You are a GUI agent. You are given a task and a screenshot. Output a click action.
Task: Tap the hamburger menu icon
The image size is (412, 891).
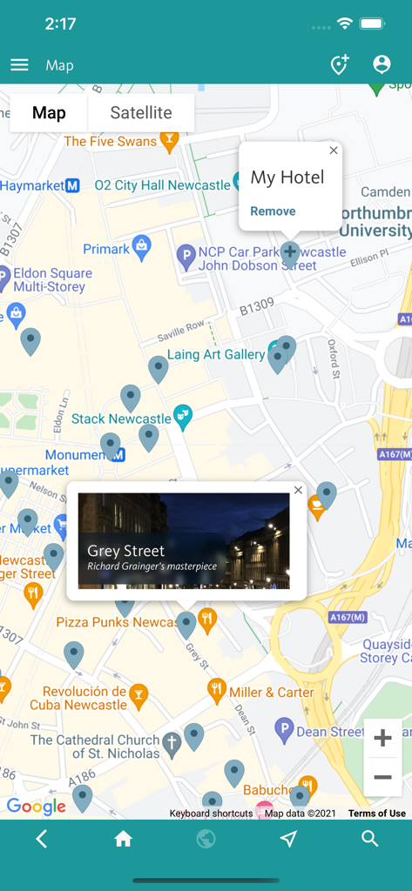click(19, 65)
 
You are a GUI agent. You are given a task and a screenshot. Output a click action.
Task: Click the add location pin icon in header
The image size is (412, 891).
click(339, 65)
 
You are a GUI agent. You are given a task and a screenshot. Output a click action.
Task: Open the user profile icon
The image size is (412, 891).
click(382, 64)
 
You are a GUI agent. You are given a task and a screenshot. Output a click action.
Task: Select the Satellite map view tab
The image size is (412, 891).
click(141, 113)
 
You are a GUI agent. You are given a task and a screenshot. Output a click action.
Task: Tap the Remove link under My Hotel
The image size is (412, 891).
click(273, 211)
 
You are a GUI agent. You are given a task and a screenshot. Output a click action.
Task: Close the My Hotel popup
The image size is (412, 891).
click(334, 151)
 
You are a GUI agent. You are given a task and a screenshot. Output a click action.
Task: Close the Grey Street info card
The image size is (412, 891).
click(298, 490)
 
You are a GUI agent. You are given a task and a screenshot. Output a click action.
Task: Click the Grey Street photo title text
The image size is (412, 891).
click(126, 551)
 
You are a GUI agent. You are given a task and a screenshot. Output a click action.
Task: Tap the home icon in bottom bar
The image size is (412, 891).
click(123, 839)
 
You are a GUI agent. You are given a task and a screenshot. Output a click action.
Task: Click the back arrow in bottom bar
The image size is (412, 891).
click(41, 839)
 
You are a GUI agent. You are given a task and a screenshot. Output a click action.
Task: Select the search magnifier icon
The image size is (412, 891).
click(370, 839)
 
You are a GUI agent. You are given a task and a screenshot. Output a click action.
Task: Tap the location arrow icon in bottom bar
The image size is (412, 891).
click(288, 839)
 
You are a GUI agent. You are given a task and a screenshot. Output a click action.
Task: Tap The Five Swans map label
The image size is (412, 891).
click(110, 142)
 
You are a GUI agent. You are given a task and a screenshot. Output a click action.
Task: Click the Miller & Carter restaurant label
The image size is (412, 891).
click(271, 693)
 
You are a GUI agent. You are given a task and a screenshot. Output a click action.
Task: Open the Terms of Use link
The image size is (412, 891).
click(376, 814)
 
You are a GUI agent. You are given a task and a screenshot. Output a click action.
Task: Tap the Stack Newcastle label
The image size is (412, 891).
click(121, 419)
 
